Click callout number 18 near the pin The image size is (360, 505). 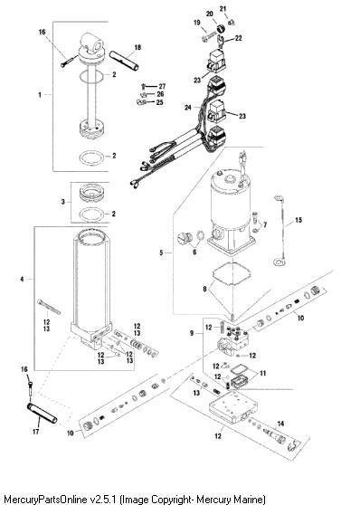pos(137,47)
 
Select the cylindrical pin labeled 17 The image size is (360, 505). pos(43,414)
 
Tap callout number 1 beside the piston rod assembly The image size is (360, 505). pos(40,95)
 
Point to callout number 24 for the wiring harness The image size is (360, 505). pos(188,108)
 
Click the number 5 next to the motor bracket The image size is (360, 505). pos(161,252)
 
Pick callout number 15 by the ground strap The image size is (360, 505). pos(298,220)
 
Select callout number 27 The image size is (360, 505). pos(162,86)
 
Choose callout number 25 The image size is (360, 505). pos(160,102)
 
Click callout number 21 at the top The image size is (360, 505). pos(223,9)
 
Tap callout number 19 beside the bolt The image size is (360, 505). pos(197,23)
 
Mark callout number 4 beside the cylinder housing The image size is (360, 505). pos(22,279)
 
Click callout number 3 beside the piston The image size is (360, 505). pos(63,202)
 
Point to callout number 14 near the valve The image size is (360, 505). pos(280,424)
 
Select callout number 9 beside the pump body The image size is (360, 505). pos(192,333)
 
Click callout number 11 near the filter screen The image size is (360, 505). pos(263,373)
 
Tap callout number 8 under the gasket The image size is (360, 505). pos(204,290)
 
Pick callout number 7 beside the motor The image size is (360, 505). pos(265,224)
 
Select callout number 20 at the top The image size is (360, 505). pos(210,14)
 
